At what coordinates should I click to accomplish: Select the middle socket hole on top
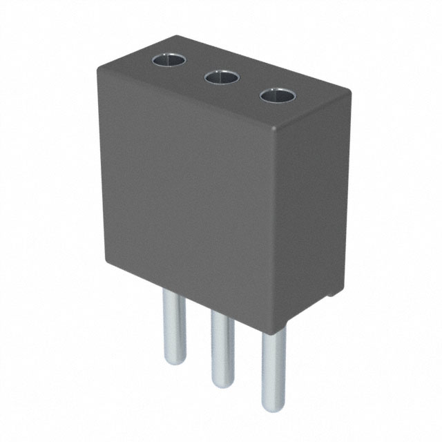222,77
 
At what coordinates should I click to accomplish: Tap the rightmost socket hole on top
277,95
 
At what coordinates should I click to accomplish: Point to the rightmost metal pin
273,369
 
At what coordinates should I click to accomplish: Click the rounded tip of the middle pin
222,384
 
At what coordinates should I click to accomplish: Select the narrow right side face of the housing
311,207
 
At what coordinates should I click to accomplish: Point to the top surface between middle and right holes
249,86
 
